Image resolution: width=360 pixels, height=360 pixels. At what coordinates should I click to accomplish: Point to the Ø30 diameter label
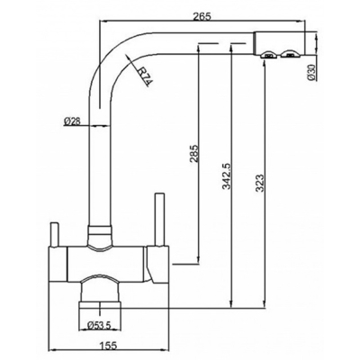coord(312,73)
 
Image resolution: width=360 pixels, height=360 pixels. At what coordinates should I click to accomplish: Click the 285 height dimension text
coord(194,154)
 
